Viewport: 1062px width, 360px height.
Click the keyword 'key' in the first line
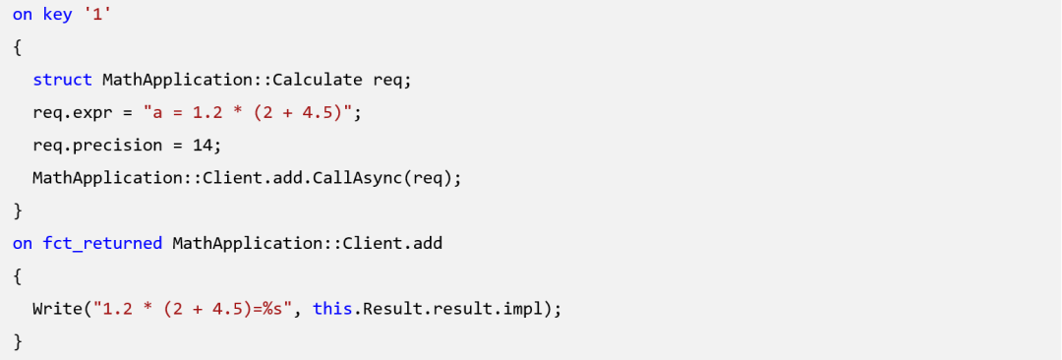pyautogui.click(x=57, y=15)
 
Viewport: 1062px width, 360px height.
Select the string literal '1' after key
pyautogui.click(x=96, y=14)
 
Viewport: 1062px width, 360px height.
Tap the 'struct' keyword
pyautogui.click(x=62, y=80)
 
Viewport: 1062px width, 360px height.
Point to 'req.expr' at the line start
pyautogui.click(x=73, y=112)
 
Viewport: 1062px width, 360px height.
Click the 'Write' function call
pyautogui.click(x=57, y=309)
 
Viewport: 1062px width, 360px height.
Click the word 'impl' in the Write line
pyautogui.click(x=523, y=309)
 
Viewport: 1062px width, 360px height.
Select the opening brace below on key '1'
pyautogui.click(x=18, y=47)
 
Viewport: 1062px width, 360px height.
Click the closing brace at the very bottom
pyautogui.click(x=18, y=341)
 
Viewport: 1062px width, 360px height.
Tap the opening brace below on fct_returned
pyautogui.click(x=18, y=276)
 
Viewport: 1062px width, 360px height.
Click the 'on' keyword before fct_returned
pyautogui.click(x=23, y=243)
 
